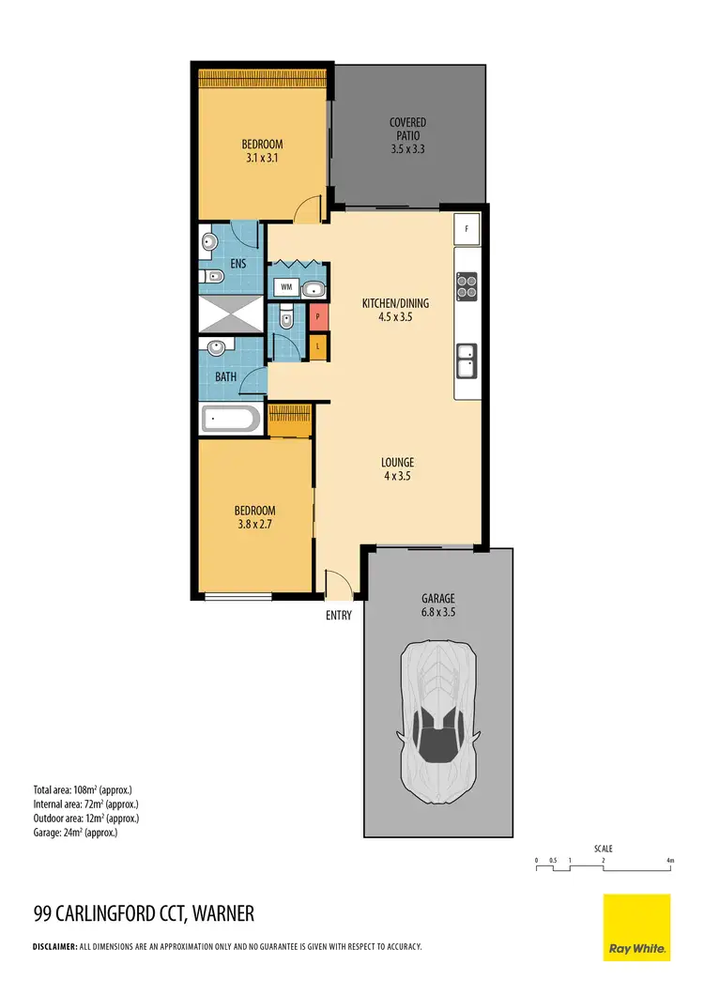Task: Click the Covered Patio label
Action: coord(408,135)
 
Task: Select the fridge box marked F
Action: coord(467,228)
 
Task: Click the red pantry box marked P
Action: coord(319,317)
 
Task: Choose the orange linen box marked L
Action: coord(319,347)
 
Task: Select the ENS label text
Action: coord(237,264)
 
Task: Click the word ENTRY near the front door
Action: coord(339,616)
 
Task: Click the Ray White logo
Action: coord(636,927)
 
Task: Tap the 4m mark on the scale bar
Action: coord(670,860)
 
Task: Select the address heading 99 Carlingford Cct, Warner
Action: coord(144,913)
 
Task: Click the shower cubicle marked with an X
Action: coord(231,314)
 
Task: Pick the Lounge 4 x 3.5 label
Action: coord(397,468)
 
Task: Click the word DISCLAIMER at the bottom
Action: coord(54,947)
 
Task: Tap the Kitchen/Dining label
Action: coord(395,310)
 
